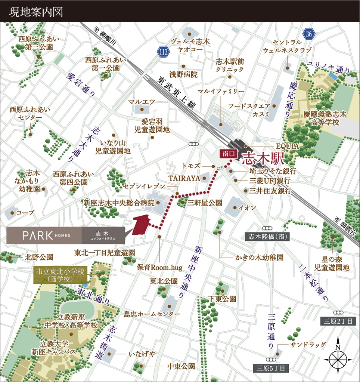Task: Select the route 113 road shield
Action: coord(163,52)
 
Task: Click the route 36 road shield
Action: coord(308,34)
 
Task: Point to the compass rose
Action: coord(338,358)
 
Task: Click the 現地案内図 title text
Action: coord(36,12)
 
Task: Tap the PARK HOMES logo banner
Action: coord(66,235)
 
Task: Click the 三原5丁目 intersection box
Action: coord(271,368)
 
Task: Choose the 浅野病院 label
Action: coord(183,74)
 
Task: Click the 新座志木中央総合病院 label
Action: coord(118,203)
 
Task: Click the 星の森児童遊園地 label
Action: coord(332,263)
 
